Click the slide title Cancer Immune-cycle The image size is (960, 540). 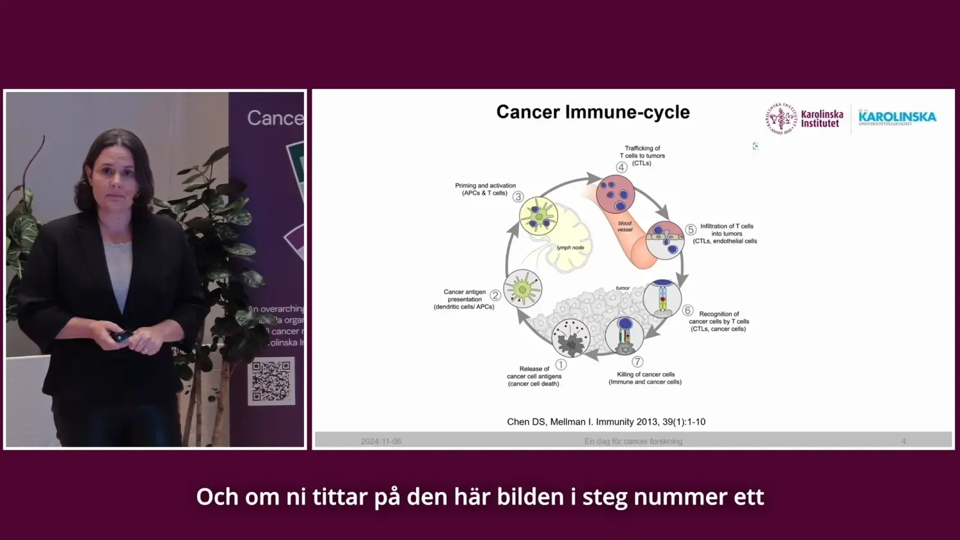[x=593, y=112]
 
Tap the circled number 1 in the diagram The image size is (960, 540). [x=561, y=365]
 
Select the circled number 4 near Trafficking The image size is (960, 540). [x=621, y=168]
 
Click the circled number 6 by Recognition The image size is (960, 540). [x=688, y=310]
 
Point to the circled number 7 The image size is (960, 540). [x=637, y=361]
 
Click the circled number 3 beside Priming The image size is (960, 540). [x=518, y=197]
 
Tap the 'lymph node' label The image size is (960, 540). [x=570, y=248]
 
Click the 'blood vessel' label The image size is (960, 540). [x=625, y=226]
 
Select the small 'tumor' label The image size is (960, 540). [x=623, y=288]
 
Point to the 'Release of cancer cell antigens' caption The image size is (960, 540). [x=534, y=376]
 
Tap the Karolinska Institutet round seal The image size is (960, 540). [x=781, y=118]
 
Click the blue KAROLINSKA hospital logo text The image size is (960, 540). [x=897, y=117]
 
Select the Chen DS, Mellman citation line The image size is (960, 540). [x=606, y=422]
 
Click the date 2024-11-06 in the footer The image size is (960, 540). [x=381, y=441]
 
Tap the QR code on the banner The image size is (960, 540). [x=271, y=381]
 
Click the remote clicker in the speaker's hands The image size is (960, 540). [x=122, y=335]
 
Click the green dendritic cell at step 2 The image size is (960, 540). [x=523, y=289]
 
